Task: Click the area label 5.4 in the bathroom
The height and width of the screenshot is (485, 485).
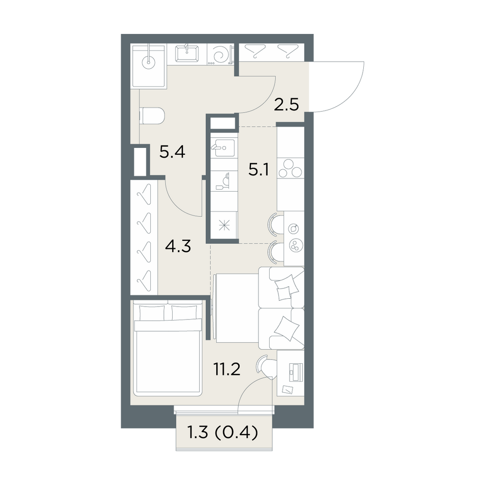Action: coord(172,152)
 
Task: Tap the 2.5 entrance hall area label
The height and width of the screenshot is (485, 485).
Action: coord(287,105)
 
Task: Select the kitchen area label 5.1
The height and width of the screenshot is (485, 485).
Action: coord(259,169)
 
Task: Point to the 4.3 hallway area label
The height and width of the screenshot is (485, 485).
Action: coord(178,246)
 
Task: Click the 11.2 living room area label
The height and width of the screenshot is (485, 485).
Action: coord(226,369)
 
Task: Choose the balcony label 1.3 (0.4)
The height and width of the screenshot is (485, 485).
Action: coord(223,433)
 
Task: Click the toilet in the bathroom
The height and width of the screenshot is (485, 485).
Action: coord(152,116)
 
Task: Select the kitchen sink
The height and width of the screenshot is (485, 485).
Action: coord(224,148)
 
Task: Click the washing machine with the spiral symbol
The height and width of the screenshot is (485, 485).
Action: coord(220,54)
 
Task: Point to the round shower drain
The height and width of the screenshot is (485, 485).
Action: coord(148,62)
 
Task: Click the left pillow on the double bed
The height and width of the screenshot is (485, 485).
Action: coord(152,313)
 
